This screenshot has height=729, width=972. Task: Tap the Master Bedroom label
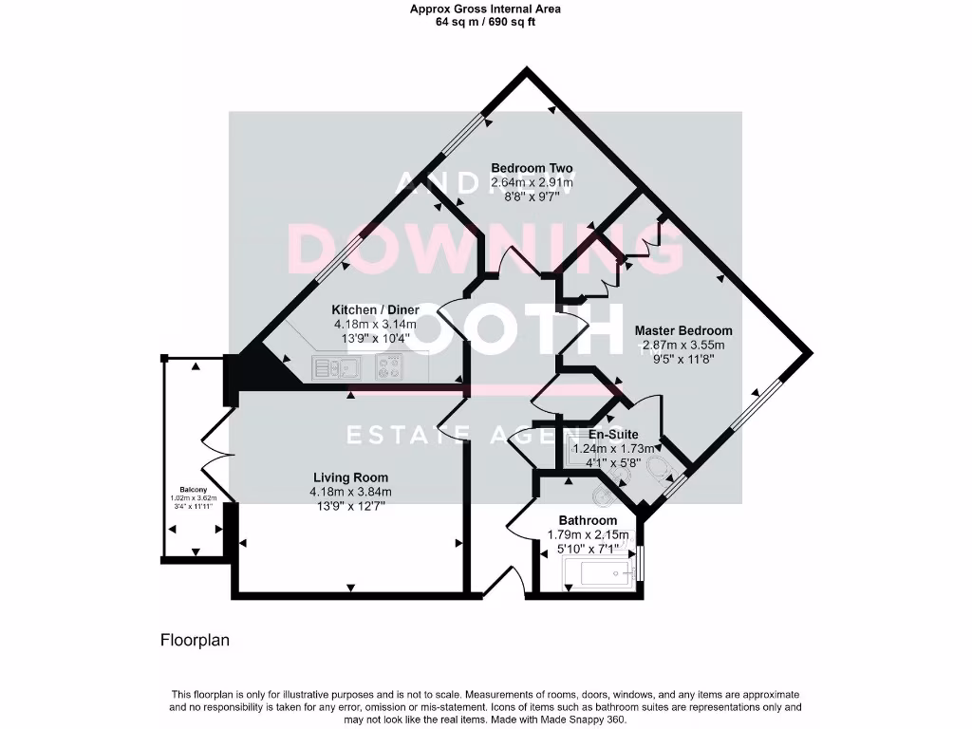683,331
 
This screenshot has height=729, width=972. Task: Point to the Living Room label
350,477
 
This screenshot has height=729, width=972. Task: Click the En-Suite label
613,434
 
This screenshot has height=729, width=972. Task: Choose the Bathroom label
588,520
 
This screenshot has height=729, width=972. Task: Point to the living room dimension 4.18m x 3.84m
350,492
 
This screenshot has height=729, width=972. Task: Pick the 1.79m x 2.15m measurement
588,534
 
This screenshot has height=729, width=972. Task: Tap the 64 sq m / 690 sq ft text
485,21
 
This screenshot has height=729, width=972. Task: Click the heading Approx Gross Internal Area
485,9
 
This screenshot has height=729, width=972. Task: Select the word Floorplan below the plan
195,641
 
